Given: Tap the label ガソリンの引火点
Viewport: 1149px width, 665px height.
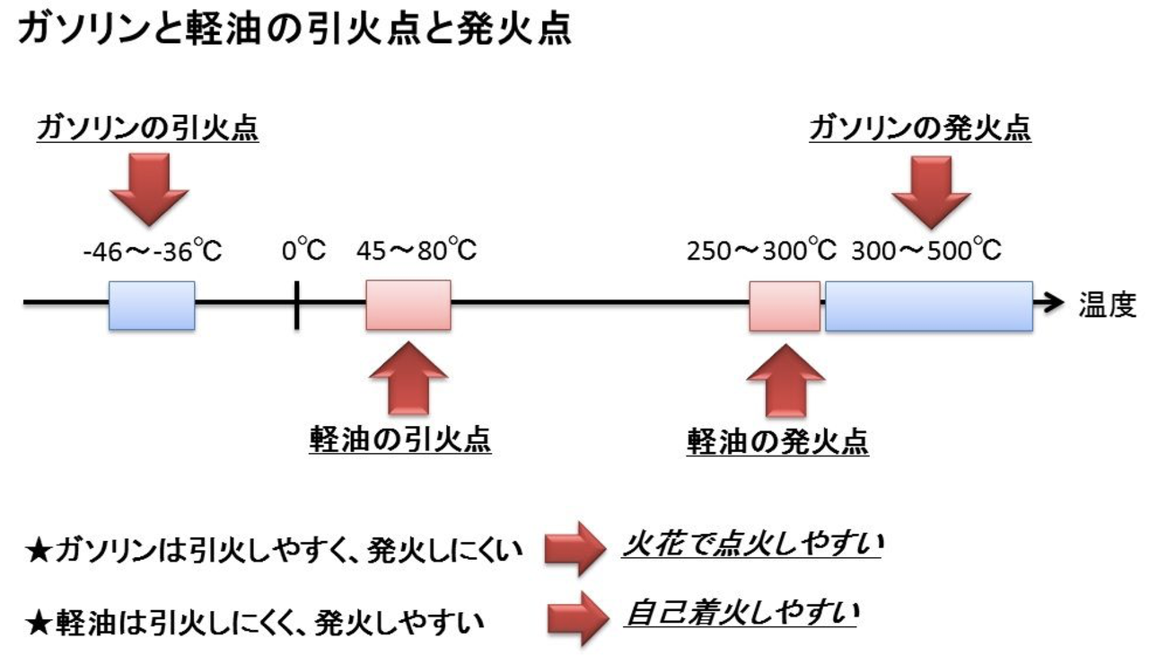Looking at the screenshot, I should click(147, 131).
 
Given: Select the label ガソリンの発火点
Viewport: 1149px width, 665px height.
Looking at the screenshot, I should click(919, 129).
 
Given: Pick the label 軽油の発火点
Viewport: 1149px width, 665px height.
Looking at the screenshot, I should click(777, 441).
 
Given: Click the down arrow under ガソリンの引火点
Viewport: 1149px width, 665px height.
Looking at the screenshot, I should click(148, 189).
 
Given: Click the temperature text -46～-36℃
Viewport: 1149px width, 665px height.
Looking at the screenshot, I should click(152, 251).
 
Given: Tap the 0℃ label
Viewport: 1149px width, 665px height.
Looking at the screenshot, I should click(303, 251).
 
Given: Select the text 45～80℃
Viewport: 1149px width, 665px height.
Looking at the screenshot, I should click(417, 251).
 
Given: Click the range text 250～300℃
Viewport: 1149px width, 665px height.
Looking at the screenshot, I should click(762, 251).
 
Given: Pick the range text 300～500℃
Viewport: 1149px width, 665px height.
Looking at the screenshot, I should click(925, 251).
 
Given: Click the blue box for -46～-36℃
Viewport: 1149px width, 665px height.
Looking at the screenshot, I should click(152, 306).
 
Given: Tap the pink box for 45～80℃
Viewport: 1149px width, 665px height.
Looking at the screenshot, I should click(408, 306).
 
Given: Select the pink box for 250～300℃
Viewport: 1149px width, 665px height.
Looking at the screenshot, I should click(785, 306).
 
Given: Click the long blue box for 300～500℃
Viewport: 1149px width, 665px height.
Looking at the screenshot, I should click(928, 306).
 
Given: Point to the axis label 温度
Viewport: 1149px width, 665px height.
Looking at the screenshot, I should click(1106, 306).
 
